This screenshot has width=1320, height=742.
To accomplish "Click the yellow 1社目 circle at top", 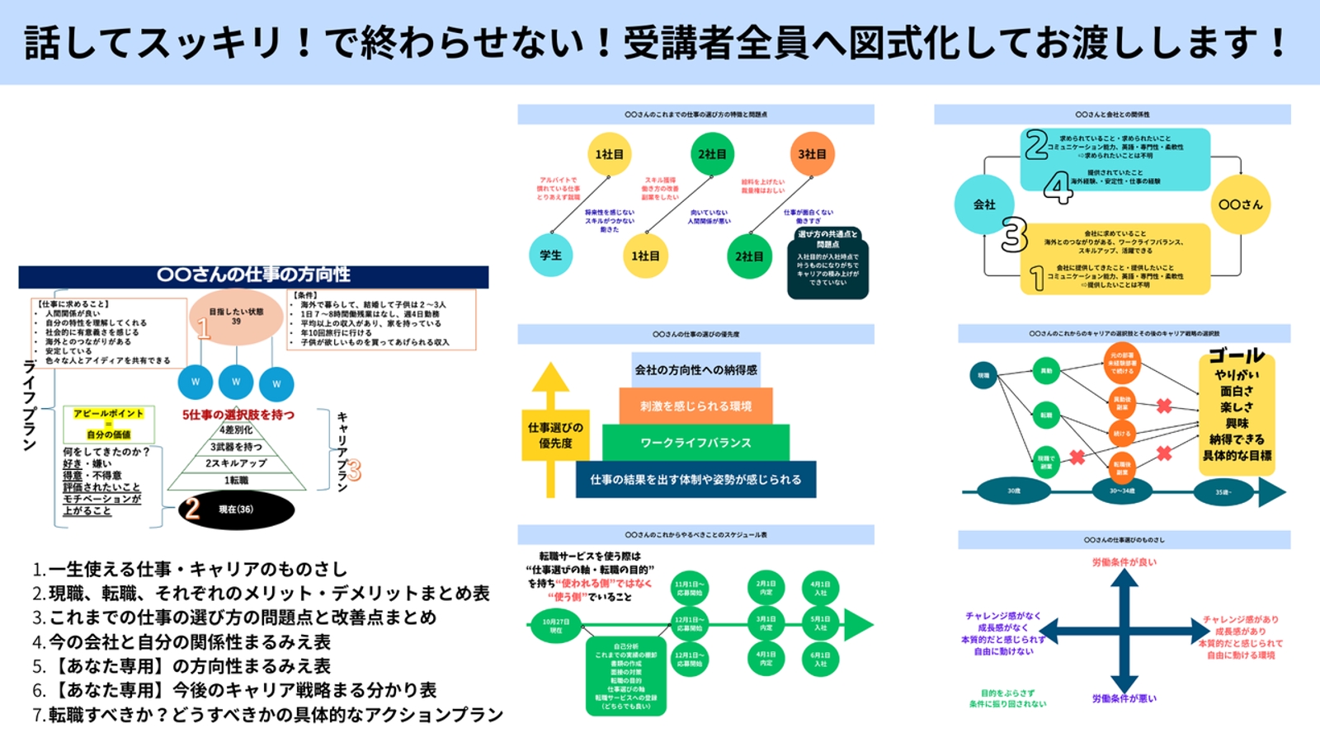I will point(609,154).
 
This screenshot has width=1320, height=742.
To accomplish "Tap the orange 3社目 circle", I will point(812,154).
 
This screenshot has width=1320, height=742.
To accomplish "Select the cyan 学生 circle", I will point(550,256).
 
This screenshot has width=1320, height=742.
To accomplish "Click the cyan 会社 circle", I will point(984,204).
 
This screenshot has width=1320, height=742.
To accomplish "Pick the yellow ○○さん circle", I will point(1241,204).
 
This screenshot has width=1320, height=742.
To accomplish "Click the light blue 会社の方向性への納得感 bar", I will point(695,370).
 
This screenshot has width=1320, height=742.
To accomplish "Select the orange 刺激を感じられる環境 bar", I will point(695,406).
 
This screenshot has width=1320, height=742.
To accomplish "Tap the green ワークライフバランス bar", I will point(695,443).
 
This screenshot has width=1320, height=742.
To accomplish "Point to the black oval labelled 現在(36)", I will point(236,510).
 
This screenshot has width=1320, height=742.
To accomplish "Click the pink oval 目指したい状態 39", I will point(236,317).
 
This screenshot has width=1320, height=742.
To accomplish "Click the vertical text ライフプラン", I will point(30,405).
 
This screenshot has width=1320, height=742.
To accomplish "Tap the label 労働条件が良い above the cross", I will point(1124,562).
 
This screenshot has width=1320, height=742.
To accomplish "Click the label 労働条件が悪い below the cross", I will point(1124,698).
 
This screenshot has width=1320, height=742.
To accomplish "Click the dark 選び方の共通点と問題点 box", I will point(827,262).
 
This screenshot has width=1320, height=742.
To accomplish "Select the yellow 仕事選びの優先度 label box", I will point(555,435).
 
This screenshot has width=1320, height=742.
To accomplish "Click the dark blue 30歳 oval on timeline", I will point(1014,491).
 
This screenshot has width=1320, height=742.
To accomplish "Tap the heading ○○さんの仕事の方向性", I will point(253,275).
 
